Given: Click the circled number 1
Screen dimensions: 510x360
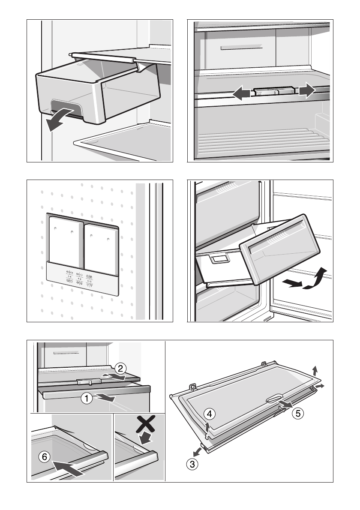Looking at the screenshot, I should pos(87,399).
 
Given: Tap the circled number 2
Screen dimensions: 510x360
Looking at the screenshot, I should pos(121,367).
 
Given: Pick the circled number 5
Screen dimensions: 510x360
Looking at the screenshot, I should pos(299,414).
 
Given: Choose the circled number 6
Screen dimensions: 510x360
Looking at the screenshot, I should pos(44,457).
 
